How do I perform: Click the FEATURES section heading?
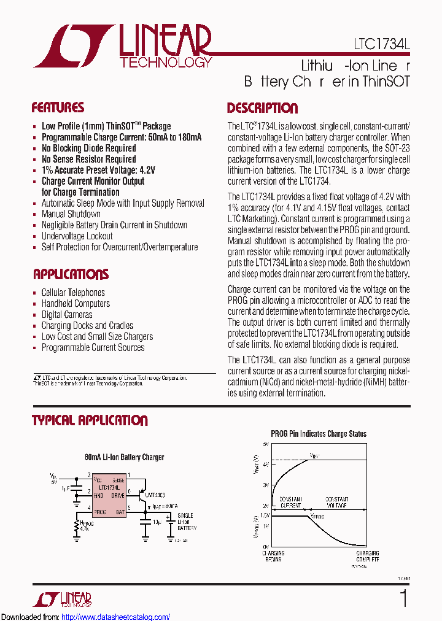click(x=58, y=108)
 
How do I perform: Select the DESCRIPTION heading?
click(x=262, y=109)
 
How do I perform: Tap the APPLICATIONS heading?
click(x=71, y=274)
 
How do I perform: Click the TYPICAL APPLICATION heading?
click(x=90, y=420)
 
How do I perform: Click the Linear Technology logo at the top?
click(x=123, y=45)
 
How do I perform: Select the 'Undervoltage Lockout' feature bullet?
click(x=77, y=236)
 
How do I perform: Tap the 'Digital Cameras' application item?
click(x=67, y=315)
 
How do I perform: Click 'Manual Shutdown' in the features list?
click(x=71, y=214)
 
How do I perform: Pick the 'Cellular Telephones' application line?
click(x=73, y=293)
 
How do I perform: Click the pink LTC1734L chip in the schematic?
click(x=111, y=495)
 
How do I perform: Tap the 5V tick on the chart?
click(x=266, y=443)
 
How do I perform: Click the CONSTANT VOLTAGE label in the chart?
click(x=336, y=503)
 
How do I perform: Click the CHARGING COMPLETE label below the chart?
click(x=368, y=557)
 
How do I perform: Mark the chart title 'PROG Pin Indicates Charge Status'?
click(x=319, y=434)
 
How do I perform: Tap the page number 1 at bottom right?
click(x=403, y=598)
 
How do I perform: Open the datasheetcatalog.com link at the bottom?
click(x=116, y=617)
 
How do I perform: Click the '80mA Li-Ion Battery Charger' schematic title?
click(x=125, y=457)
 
